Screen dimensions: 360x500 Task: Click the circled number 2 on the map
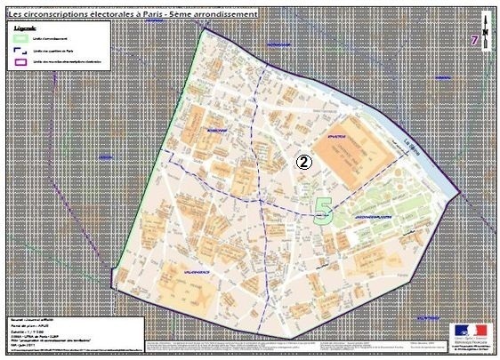(x=303, y=162)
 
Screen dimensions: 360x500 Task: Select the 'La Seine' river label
(x=411, y=147)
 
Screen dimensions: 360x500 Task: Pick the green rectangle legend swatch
(x=20, y=40)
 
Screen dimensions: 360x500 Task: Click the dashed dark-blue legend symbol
(x=20, y=52)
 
